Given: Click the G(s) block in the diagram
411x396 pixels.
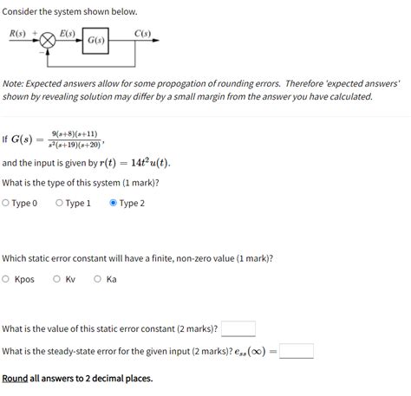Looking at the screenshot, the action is tap(95, 41).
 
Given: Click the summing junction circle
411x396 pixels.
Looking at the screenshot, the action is tap(48, 41).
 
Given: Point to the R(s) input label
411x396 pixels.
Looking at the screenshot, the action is tap(17, 34).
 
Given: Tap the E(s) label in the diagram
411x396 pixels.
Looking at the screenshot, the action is tap(66, 34).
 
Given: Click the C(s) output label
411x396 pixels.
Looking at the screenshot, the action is tap(143, 34).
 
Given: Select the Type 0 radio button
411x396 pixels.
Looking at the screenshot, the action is tap(7, 204).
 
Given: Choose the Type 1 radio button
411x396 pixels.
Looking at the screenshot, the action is tap(59, 204).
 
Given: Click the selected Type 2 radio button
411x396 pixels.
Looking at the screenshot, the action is tap(113, 204).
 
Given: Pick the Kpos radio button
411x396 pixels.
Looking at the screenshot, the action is tap(7, 279).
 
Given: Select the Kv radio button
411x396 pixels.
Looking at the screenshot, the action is tap(57, 279).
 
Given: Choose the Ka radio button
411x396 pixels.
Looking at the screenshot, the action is tap(98, 279).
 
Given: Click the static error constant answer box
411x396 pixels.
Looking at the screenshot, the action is tap(238, 329).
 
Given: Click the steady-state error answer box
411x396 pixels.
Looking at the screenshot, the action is tap(297, 351).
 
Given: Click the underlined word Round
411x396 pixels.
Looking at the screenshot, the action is tap(15, 379).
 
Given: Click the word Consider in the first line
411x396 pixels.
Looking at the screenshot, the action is tap(23, 11).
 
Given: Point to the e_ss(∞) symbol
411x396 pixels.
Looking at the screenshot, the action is tap(253, 352).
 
